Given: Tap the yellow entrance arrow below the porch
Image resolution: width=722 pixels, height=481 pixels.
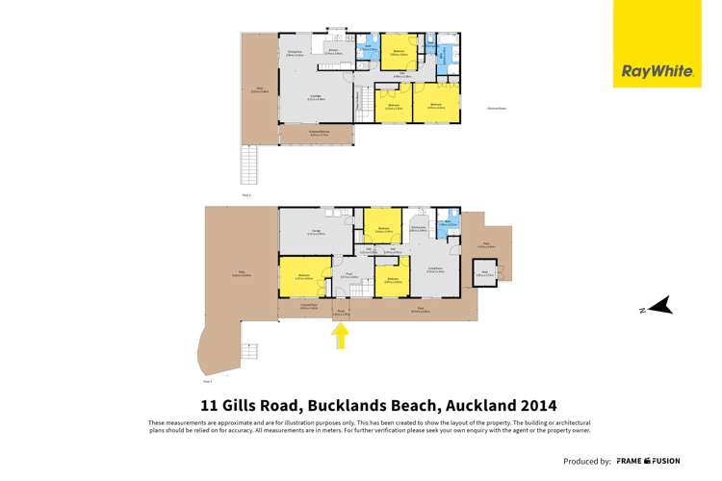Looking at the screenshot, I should [340, 336].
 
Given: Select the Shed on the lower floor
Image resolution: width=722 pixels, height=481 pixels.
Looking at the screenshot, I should [483, 276].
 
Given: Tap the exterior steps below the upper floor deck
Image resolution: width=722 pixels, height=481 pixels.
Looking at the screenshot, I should [248, 165].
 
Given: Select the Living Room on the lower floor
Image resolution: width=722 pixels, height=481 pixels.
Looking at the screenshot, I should [435, 271].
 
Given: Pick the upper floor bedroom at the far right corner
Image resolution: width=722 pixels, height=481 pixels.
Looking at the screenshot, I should [436, 104].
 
